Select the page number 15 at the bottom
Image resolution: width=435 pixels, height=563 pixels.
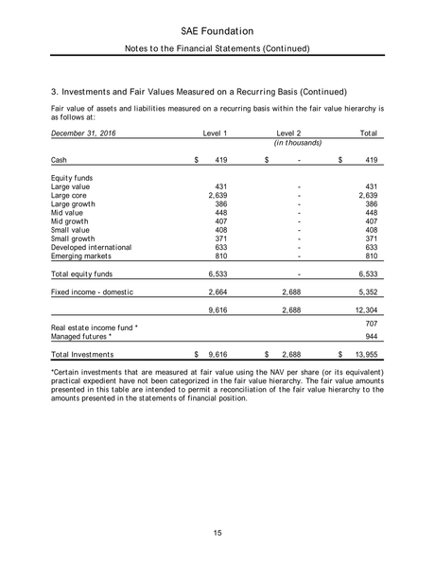point(217,534)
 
